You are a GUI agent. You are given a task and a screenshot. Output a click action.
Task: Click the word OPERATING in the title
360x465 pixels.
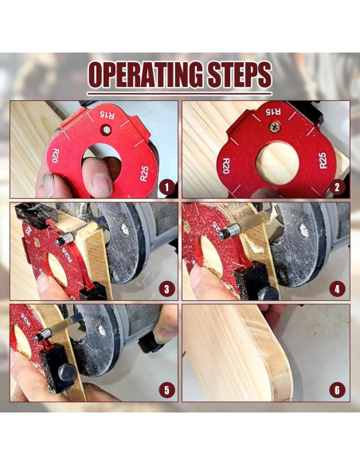pos(146,75)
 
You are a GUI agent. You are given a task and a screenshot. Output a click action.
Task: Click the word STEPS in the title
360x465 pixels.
pos(240,75)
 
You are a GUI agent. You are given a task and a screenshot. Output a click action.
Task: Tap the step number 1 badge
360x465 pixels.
pos(166,187)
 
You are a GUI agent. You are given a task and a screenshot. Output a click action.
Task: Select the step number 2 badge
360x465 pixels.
pos(337,187)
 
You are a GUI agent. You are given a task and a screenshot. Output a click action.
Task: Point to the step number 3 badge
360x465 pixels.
pos(166,289)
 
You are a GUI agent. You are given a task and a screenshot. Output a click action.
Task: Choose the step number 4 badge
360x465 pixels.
pos(337,289)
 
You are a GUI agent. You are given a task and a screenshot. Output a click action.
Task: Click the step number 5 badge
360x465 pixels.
pos(166,390)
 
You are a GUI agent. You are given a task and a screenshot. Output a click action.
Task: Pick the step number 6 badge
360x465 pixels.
pos(337,390)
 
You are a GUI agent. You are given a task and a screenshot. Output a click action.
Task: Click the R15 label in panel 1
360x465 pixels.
pos(107,115)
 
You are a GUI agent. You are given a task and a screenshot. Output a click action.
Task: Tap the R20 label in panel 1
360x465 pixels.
pos(55,155)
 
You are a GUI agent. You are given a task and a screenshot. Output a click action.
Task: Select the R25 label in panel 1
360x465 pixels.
pos(144,174)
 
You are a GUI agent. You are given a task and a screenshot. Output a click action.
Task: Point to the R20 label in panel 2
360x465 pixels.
pos(226,166)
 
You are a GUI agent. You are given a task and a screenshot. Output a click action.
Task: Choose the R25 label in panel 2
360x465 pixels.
pos(323,160)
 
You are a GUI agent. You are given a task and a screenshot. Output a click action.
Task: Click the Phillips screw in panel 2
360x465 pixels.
pos(275,127)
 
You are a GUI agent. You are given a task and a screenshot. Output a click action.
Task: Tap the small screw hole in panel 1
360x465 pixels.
pos(106,129)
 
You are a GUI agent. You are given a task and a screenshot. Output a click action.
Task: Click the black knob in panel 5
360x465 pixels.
pos(66,373)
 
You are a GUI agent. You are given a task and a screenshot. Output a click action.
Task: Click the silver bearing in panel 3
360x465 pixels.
pos(65,239)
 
